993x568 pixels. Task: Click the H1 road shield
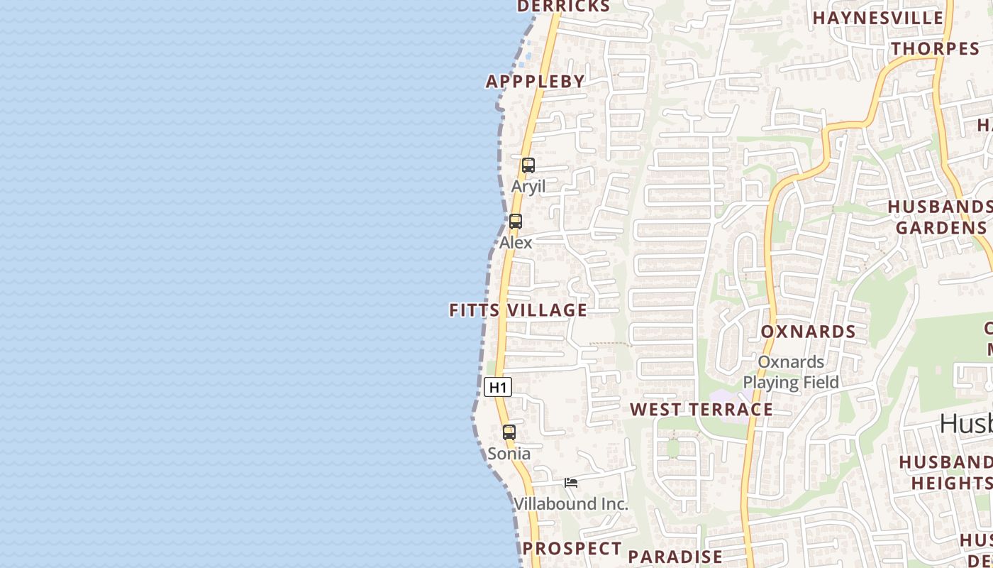click(x=498, y=387)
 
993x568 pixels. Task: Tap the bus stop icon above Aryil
click(x=528, y=165)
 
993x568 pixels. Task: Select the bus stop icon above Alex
click(x=516, y=221)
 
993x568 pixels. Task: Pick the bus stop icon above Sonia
click(x=509, y=432)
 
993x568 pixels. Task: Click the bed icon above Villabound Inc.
click(x=571, y=483)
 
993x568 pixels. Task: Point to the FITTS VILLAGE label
click(x=518, y=310)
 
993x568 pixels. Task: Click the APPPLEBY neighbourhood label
click(x=536, y=82)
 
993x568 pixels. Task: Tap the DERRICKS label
click(x=563, y=6)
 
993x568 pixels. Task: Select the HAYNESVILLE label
click(x=878, y=18)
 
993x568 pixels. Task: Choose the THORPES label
click(x=936, y=49)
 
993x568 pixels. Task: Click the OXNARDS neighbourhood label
click(x=809, y=332)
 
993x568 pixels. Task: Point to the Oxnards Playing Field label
click(x=791, y=372)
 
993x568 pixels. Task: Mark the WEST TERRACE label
click(x=701, y=410)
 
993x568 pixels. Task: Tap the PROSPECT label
click(x=572, y=548)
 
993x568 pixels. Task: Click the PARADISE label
click(x=675, y=557)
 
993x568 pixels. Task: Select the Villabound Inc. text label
click(x=571, y=504)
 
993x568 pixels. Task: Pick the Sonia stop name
click(x=509, y=453)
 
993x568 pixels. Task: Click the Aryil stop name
click(x=528, y=187)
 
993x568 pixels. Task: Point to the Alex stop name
click(x=516, y=242)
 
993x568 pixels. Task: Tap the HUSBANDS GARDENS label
click(x=941, y=217)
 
